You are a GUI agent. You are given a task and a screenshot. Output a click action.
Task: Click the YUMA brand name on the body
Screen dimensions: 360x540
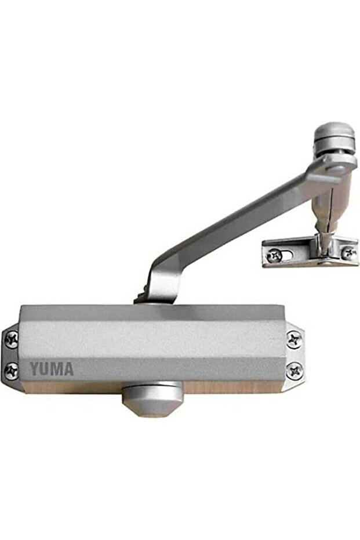click(52, 368)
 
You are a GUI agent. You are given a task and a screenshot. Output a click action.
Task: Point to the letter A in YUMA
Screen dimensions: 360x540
click(68, 368)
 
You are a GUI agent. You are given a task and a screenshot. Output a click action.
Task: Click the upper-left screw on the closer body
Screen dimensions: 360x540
click(12, 339)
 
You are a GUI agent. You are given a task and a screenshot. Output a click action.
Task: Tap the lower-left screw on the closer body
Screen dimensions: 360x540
click(12, 371)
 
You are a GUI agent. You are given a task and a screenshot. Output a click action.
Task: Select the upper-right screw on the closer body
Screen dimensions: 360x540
click(294, 339)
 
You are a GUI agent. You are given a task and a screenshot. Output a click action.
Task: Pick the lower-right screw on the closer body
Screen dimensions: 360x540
click(294, 370)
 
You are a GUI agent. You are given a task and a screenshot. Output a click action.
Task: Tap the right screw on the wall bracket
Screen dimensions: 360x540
click(348, 253)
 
